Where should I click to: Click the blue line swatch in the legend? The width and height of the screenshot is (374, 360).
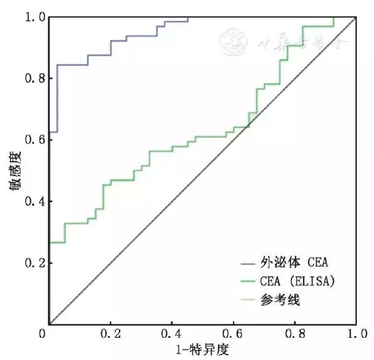(249, 263)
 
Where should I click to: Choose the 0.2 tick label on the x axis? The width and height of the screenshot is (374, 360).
(111, 334)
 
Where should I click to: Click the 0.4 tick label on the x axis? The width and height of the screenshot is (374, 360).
(173, 334)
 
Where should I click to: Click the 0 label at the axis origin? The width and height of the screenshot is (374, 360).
(42, 334)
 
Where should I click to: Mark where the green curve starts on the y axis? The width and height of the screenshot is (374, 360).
(49, 243)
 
